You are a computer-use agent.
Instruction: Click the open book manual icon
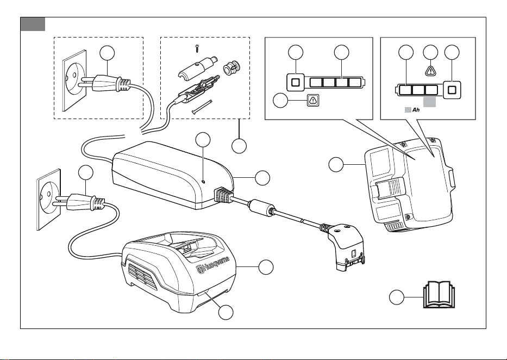(x=439, y=294)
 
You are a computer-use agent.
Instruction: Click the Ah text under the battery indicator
(x=416, y=110)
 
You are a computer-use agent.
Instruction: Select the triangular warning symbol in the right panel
(x=431, y=70)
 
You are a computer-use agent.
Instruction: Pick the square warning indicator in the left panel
(x=313, y=100)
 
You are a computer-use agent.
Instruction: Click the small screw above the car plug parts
(x=197, y=48)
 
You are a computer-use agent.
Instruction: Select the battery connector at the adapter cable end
(x=346, y=246)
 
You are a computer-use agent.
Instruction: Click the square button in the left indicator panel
(x=295, y=82)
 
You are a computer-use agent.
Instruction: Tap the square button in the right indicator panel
(x=452, y=90)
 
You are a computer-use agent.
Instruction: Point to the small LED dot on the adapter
(x=203, y=182)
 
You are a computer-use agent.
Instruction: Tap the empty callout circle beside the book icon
(x=396, y=297)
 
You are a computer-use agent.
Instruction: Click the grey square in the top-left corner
(x=33, y=24)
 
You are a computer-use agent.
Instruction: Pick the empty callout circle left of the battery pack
(x=336, y=165)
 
